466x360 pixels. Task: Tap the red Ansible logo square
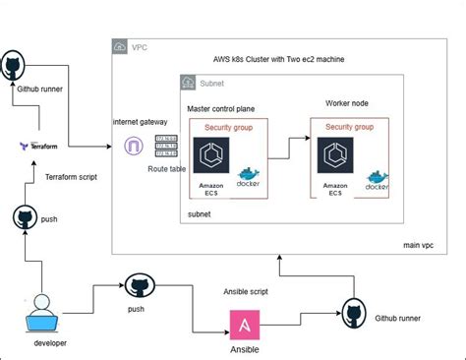[x=244, y=325]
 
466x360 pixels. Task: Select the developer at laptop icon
[x=39, y=310]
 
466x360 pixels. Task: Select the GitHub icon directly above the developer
[x=25, y=217]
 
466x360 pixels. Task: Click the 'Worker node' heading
[x=348, y=103]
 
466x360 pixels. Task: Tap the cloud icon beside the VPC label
[x=120, y=45]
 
